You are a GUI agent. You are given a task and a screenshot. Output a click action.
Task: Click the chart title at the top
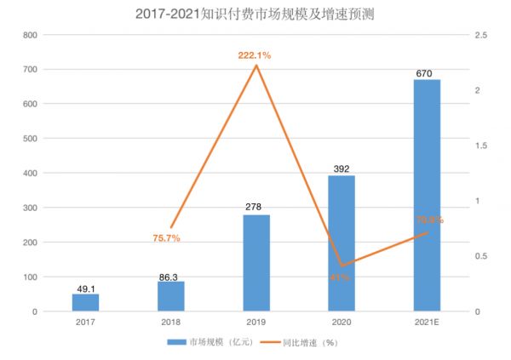coord(255,14)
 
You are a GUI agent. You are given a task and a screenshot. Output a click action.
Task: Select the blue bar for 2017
coord(85,302)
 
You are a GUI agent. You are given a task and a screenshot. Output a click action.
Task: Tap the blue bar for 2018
coord(170,296)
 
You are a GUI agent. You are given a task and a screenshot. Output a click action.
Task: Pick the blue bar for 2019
coord(255,263)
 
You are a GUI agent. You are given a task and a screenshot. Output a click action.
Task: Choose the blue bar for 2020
coord(341,243)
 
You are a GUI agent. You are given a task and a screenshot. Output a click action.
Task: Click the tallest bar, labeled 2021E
coord(426,195)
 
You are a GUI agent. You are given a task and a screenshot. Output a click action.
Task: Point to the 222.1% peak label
coord(255,55)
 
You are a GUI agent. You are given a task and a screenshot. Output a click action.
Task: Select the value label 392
coord(341,169)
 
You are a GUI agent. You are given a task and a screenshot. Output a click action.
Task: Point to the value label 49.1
coord(85,288)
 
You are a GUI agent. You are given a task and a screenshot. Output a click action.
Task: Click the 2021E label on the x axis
coord(426,323)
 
